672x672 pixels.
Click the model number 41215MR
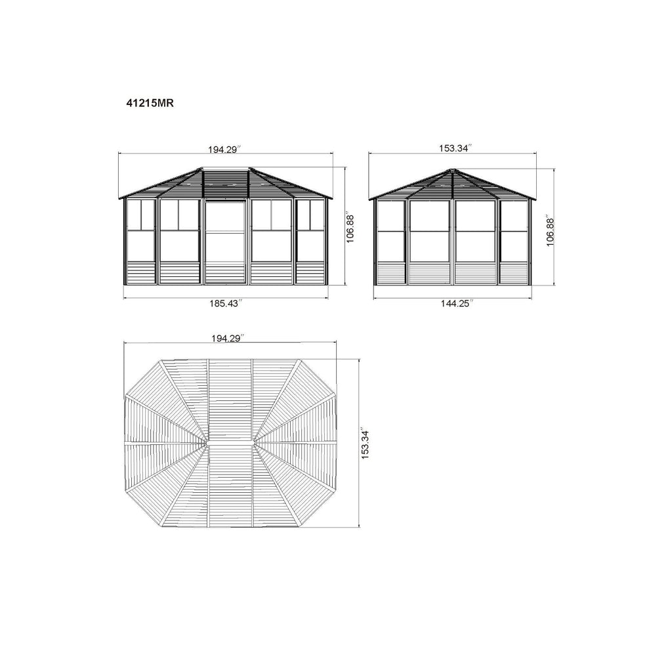point(150,103)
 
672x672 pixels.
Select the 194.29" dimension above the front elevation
point(225,150)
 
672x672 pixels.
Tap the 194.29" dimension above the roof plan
point(228,338)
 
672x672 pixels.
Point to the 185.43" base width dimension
point(226,303)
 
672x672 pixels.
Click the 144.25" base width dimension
point(457,303)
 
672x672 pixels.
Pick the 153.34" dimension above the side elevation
point(455,148)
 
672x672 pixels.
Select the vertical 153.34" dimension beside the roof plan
point(365,443)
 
